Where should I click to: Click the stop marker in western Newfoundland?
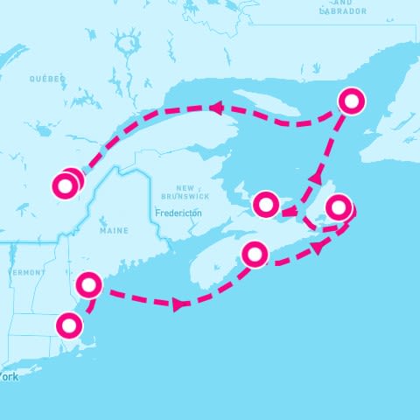(x=352, y=101)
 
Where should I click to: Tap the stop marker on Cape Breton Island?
(x=339, y=208)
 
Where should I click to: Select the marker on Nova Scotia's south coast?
(x=255, y=254)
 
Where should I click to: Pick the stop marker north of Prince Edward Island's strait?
(x=265, y=204)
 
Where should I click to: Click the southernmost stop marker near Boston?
(x=68, y=326)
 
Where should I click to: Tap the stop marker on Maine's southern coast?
(x=89, y=285)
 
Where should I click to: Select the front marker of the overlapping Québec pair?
(x=65, y=185)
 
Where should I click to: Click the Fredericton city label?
(x=178, y=213)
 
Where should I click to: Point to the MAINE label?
(x=114, y=231)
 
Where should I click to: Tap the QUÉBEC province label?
(x=47, y=79)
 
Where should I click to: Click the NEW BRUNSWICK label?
(x=185, y=192)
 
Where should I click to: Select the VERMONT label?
(x=26, y=273)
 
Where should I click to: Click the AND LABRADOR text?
(x=343, y=11)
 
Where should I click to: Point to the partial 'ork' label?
(x=9, y=377)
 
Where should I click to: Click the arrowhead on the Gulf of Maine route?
(x=179, y=304)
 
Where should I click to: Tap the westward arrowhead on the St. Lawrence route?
(x=213, y=108)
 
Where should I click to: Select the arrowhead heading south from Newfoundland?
(x=313, y=178)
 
